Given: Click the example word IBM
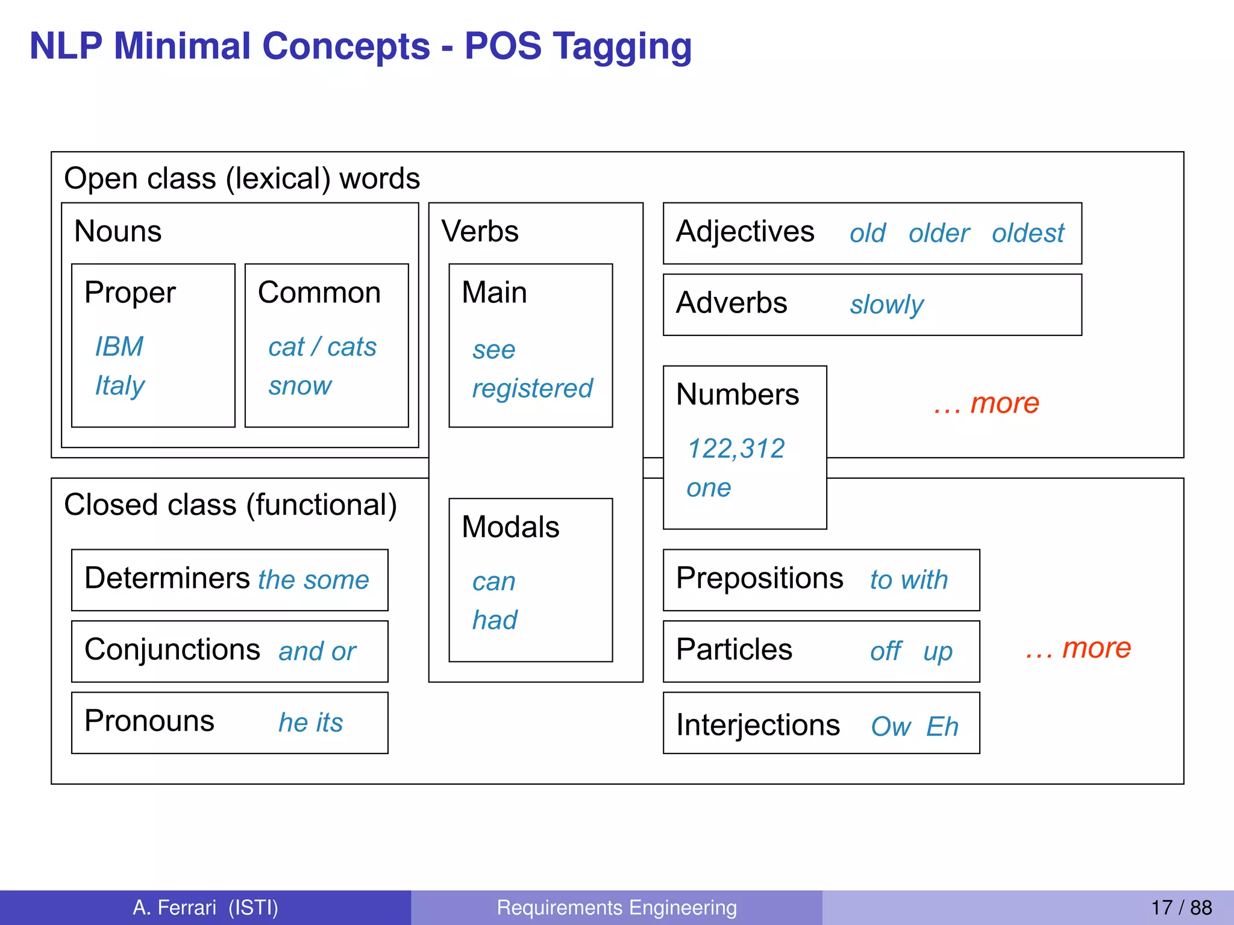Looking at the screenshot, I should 119,347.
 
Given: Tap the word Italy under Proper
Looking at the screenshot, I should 120,385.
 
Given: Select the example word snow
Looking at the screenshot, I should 300,385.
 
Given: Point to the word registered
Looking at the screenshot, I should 532,388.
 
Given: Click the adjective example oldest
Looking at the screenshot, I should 1028,233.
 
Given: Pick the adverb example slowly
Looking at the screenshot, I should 886,305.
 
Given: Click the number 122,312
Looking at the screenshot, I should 736,449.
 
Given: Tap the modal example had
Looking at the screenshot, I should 495,620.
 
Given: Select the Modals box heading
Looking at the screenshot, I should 510,527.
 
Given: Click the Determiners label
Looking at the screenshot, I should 167,578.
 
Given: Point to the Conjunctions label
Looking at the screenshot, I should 172,650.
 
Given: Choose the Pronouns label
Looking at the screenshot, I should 149,721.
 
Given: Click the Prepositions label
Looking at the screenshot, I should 759,578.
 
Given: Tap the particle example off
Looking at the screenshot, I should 886,651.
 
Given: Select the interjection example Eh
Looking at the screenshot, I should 942,726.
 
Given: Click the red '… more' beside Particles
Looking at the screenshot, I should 1078,648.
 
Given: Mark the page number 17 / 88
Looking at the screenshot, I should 1181,908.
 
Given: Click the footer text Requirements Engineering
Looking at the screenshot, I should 616,908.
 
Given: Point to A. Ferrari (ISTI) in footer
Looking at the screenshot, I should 205,908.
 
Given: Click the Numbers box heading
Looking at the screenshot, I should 738,395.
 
